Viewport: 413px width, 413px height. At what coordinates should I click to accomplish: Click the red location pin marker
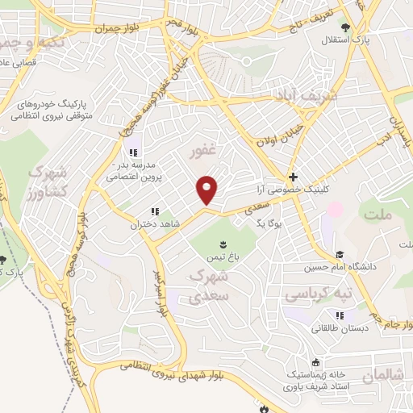point(207,190)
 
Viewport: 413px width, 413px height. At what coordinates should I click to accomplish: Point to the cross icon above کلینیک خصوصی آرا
point(293,177)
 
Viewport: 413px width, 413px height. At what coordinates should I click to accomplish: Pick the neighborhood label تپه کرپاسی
point(319,295)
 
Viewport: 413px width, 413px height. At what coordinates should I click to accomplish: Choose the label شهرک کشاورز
point(40,184)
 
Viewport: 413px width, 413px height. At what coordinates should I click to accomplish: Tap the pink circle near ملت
point(334,209)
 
